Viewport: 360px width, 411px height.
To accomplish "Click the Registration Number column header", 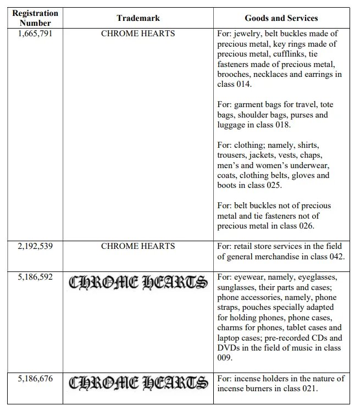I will tap(35, 18).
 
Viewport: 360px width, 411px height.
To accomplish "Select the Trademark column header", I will tap(137, 18).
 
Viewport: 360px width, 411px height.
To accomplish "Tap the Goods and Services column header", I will tap(281, 18).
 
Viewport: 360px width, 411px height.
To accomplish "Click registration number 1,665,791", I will tap(35, 34).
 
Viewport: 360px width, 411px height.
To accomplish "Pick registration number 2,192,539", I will tap(35, 246).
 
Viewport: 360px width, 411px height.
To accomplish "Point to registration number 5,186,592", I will tap(35, 277).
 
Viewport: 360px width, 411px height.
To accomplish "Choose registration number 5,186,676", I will tap(35, 379).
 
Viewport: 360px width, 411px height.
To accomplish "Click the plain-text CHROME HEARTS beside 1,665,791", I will tap(138, 34).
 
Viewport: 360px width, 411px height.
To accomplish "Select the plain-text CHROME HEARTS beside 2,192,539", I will tap(138, 246).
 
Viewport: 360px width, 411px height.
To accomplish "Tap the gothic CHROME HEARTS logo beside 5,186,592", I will tap(138, 282).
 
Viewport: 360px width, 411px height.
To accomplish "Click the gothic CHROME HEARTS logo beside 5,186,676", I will tap(138, 382).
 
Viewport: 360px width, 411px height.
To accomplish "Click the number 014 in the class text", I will tap(243, 84).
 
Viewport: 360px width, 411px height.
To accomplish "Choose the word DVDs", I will tap(229, 348).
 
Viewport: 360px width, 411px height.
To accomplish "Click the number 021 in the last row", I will tap(307, 388).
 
